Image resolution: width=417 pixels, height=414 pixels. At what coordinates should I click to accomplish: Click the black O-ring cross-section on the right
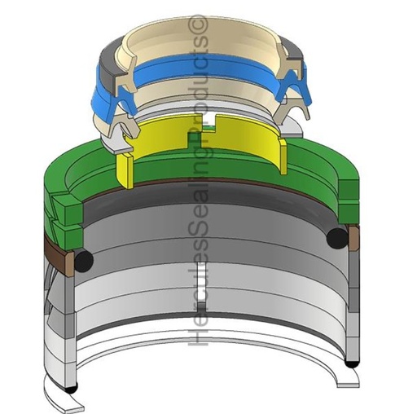coord(337,238)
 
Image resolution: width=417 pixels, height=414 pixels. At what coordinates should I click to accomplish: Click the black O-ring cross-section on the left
coord(84,260)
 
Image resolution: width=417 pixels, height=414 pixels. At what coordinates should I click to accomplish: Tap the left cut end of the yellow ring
coord(125,170)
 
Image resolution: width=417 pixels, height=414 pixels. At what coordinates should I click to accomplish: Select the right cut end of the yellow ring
coord(283,156)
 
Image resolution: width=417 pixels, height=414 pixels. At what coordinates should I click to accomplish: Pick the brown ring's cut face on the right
coord(354,239)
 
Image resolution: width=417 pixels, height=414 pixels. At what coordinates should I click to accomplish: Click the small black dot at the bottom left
coord(71,390)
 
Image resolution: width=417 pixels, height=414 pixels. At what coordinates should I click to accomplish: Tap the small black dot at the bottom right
coord(351,363)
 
